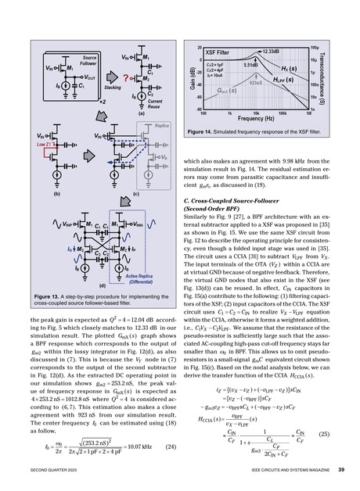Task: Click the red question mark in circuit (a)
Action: click(x=104, y=77)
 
